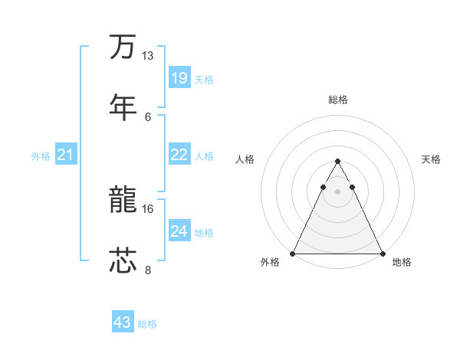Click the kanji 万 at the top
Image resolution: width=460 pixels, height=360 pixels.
[x=123, y=47]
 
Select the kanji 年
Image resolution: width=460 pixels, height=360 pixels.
[x=123, y=106]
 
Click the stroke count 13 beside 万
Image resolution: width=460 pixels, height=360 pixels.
[x=148, y=56]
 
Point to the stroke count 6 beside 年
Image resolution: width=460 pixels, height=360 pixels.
[x=148, y=116]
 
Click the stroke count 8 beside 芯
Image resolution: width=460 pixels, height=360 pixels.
[x=148, y=269]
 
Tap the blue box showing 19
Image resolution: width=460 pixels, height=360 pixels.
[x=179, y=77]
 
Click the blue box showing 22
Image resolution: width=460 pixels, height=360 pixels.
[x=179, y=155]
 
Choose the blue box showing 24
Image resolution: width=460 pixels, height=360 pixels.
[x=179, y=231]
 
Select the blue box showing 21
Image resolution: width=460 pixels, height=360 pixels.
[x=66, y=155]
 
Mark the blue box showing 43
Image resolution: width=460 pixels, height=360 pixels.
[x=123, y=322]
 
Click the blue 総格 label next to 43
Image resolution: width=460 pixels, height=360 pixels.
[x=147, y=324]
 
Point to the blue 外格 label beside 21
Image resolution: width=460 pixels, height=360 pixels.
[x=41, y=156]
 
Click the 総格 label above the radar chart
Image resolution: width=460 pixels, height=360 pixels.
[x=338, y=100]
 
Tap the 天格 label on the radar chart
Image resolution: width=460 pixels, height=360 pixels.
[x=431, y=159]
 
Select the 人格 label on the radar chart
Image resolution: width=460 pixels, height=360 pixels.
[x=245, y=159]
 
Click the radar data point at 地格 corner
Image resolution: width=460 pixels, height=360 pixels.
[x=383, y=254]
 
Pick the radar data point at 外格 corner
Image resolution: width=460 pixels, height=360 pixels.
[x=293, y=254]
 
